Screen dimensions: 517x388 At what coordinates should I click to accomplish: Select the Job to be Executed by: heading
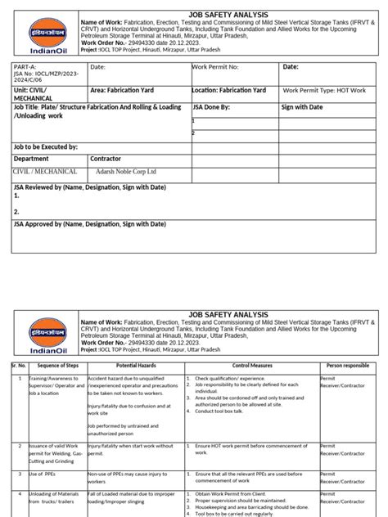tap(46, 146)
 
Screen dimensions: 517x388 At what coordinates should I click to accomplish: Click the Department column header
tap(32, 159)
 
